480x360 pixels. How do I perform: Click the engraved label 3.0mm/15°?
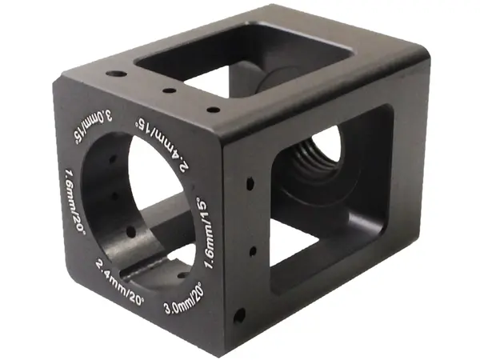[91, 127]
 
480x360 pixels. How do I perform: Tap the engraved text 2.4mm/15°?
[162, 143]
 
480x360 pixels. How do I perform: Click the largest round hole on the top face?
[116, 74]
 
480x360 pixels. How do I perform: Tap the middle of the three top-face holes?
[169, 91]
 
